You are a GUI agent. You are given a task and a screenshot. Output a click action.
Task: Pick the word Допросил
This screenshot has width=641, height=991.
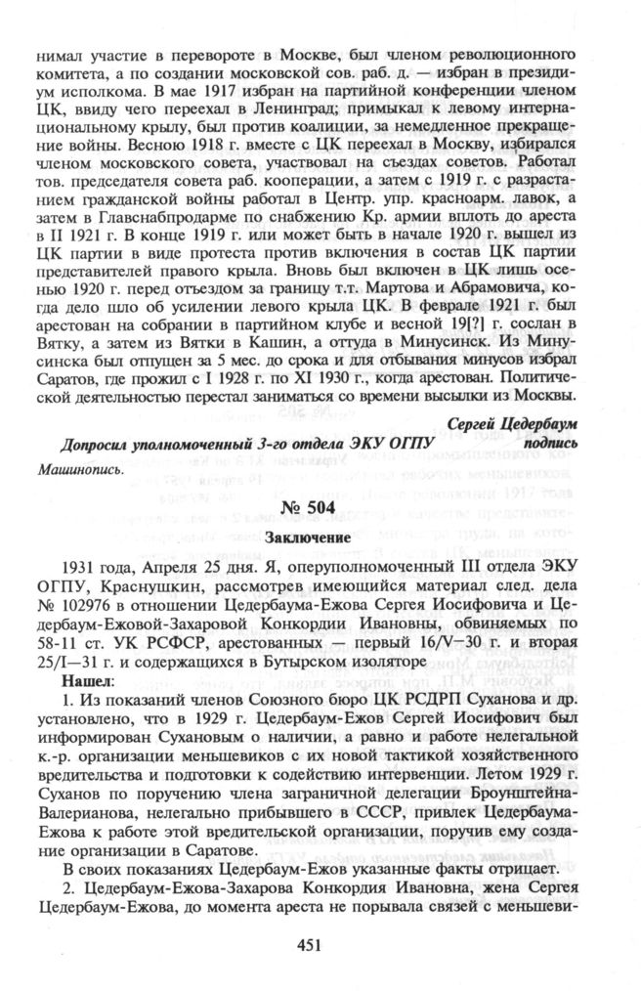tap(99, 445)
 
